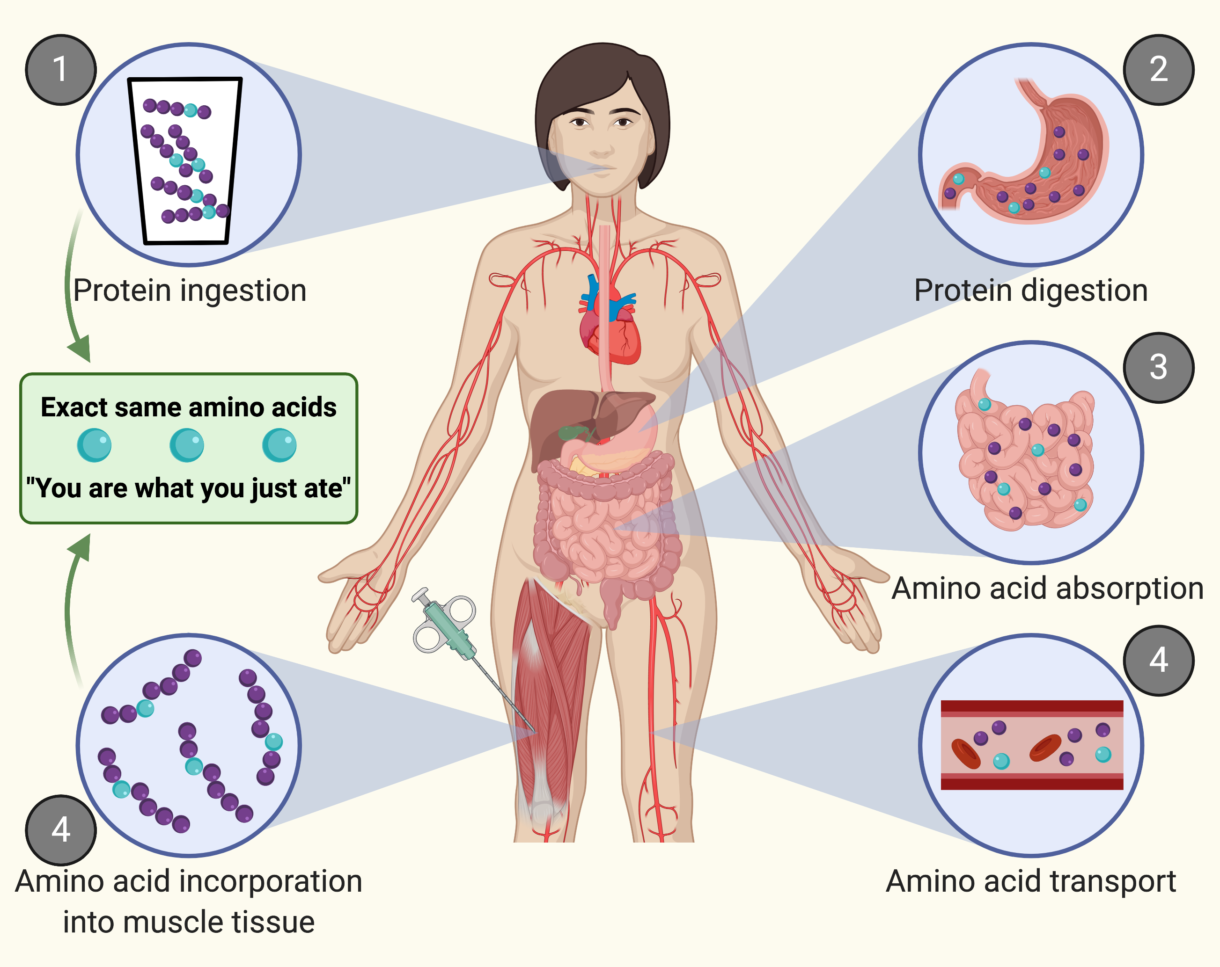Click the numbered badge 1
tap(60, 70)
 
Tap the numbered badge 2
tap(1158, 70)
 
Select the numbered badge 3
tap(1158, 368)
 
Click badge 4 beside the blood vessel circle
tap(1158, 661)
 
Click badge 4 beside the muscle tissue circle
tap(60, 830)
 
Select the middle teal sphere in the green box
tap(187, 445)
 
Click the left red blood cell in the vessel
tap(966, 754)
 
